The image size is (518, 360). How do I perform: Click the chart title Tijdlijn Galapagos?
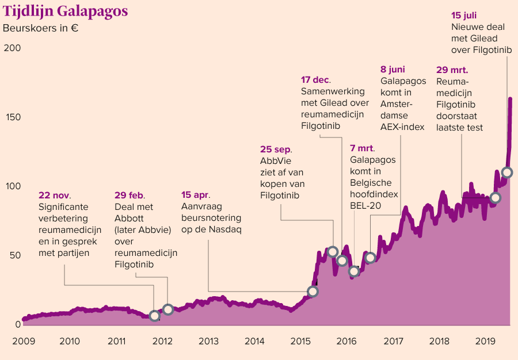click(x=66, y=12)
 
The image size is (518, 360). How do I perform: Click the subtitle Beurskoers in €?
click(x=40, y=28)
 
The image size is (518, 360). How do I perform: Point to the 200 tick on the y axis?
click(x=12, y=48)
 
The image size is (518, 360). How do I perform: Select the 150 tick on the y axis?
click(x=12, y=117)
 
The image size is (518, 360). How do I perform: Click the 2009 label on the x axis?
click(x=24, y=341)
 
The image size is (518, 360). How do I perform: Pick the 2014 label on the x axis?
click(x=254, y=341)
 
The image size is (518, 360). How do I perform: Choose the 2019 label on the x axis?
click(x=485, y=341)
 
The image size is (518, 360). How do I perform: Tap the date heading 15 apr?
click(x=196, y=194)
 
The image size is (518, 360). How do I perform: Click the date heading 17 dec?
click(x=316, y=80)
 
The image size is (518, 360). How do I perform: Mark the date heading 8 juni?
click(x=393, y=70)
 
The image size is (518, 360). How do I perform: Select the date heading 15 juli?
click(x=464, y=16)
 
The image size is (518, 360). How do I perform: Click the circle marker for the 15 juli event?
click(x=507, y=173)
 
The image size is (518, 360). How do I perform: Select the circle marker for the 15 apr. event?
click(x=313, y=292)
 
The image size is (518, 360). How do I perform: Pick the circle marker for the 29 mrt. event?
click(x=495, y=198)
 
